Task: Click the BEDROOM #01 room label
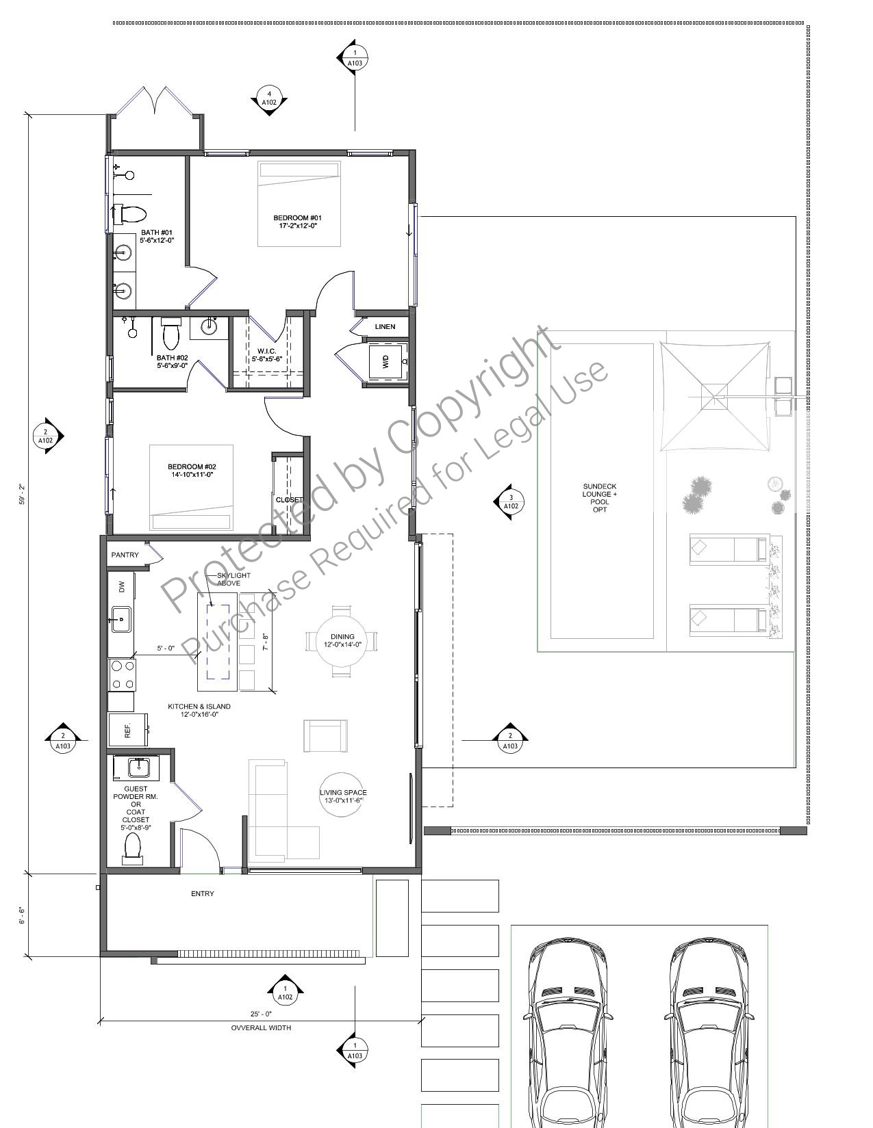pos(298,222)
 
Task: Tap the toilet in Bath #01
pos(130,213)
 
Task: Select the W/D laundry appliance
pos(387,361)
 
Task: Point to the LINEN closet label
pos(385,326)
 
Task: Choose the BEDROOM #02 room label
pos(192,471)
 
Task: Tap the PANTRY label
pos(125,555)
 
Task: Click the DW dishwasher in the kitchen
pos(121,587)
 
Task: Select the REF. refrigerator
pos(128,731)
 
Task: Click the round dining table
pos(342,640)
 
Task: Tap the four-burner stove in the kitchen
pos(122,675)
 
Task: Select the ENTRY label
pos(202,893)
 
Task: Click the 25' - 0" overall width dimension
pos(261,1014)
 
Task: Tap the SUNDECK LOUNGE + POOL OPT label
pos(599,498)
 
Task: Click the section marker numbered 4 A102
pos(268,98)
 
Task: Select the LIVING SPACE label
pos(343,796)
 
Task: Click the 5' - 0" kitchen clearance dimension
pos(166,648)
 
